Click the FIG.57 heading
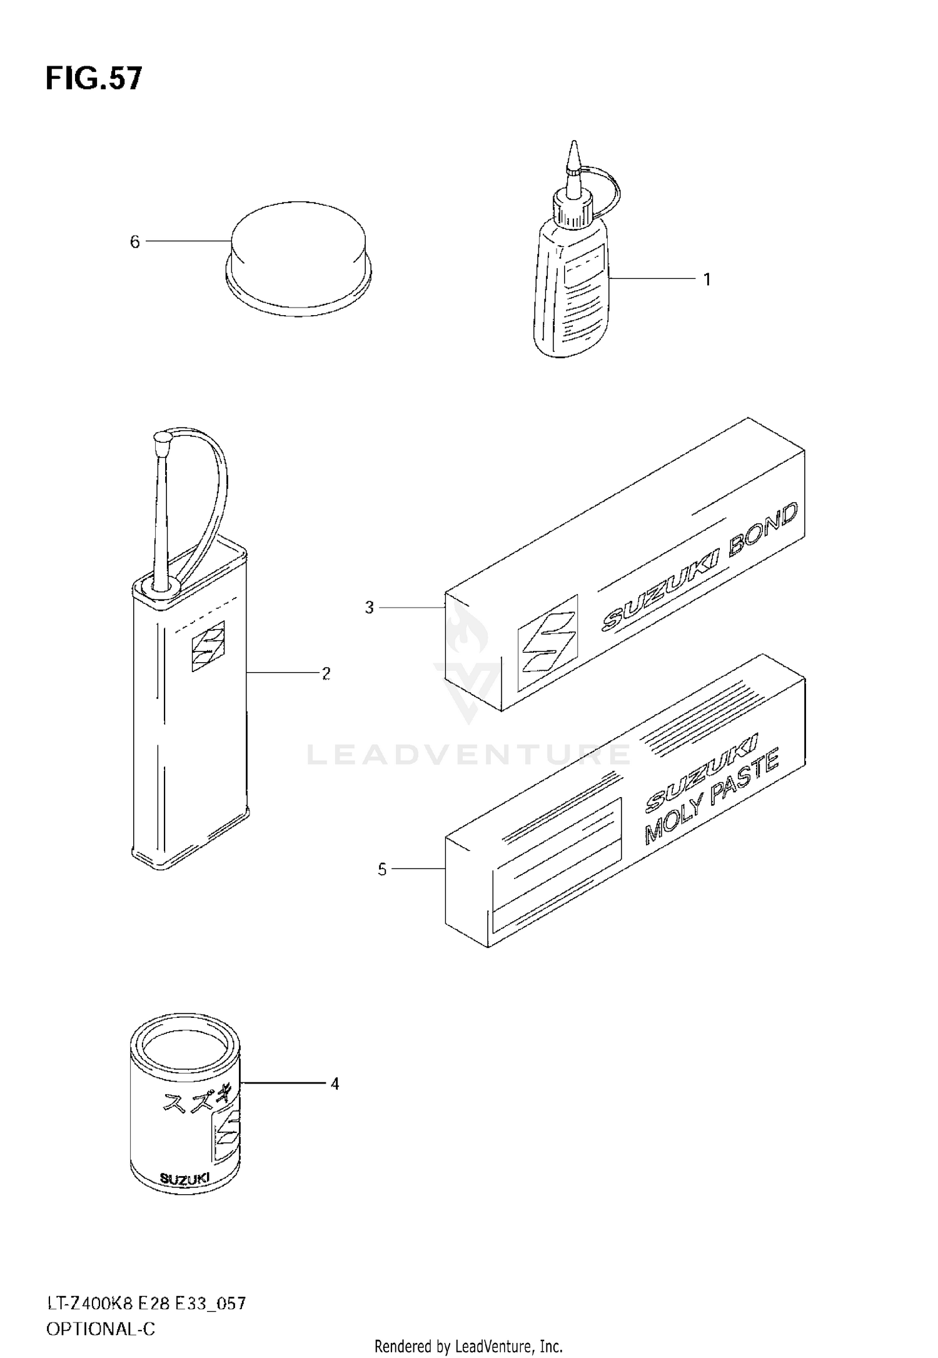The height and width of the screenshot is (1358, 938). click(x=94, y=79)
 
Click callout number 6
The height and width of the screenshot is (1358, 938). click(x=134, y=242)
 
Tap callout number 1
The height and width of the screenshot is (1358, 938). click(x=707, y=279)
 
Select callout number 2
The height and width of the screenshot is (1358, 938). click(x=326, y=673)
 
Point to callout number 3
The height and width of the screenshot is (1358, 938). click(x=369, y=607)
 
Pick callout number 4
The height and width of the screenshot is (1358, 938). click(x=335, y=1084)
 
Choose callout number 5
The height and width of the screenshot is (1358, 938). click(x=382, y=869)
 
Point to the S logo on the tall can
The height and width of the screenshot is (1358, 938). click(x=208, y=646)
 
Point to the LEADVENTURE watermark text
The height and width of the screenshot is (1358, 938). click(x=468, y=755)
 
